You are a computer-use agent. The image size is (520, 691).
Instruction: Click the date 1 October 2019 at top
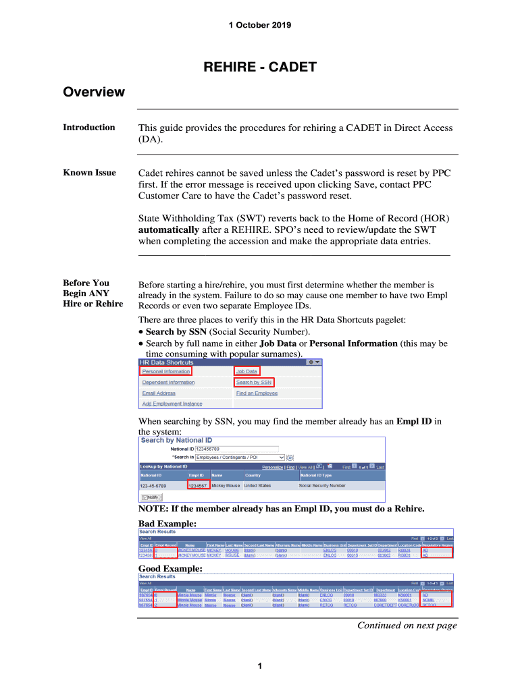(x=260, y=26)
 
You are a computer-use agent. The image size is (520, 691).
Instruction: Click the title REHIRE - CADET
(x=260, y=67)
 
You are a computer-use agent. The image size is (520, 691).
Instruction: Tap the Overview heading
(x=94, y=92)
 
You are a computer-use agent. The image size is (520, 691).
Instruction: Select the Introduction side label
(x=89, y=128)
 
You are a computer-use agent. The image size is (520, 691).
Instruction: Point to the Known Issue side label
(x=89, y=173)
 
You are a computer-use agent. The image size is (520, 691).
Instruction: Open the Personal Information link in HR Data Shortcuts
(x=166, y=371)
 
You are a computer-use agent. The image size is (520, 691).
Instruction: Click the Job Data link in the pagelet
(x=246, y=371)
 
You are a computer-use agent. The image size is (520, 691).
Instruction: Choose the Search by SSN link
(x=254, y=382)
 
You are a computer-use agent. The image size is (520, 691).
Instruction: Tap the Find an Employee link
(x=257, y=393)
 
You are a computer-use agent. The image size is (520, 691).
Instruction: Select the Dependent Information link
(x=168, y=382)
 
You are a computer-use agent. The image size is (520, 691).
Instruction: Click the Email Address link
(x=159, y=393)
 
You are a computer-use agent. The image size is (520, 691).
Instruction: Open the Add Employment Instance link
(x=172, y=404)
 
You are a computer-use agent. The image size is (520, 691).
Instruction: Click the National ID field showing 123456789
(x=236, y=449)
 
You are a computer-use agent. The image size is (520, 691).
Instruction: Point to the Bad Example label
(x=167, y=523)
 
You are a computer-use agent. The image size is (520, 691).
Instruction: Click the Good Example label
(x=170, y=569)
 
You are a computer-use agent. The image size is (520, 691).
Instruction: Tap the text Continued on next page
(x=407, y=626)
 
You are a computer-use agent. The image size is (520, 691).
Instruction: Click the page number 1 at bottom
(x=260, y=667)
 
